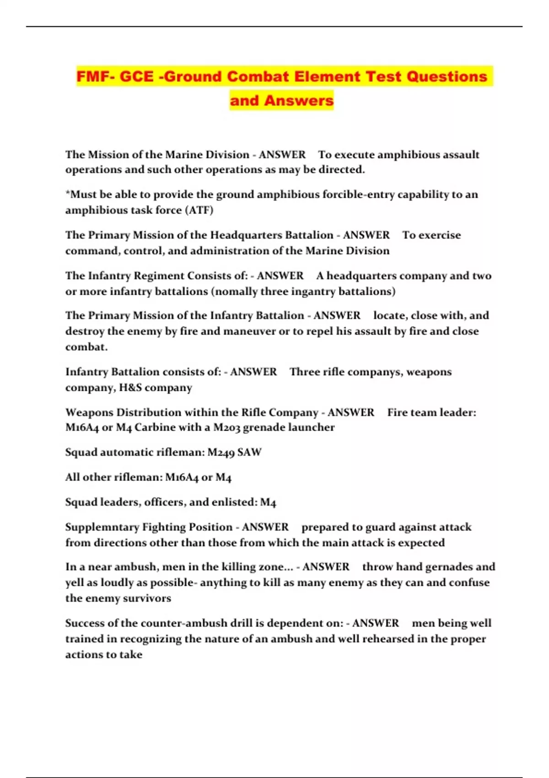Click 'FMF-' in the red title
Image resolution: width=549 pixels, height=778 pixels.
point(95,76)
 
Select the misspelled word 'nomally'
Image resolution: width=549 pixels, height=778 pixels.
point(236,292)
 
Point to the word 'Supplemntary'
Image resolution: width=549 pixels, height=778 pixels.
point(102,527)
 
